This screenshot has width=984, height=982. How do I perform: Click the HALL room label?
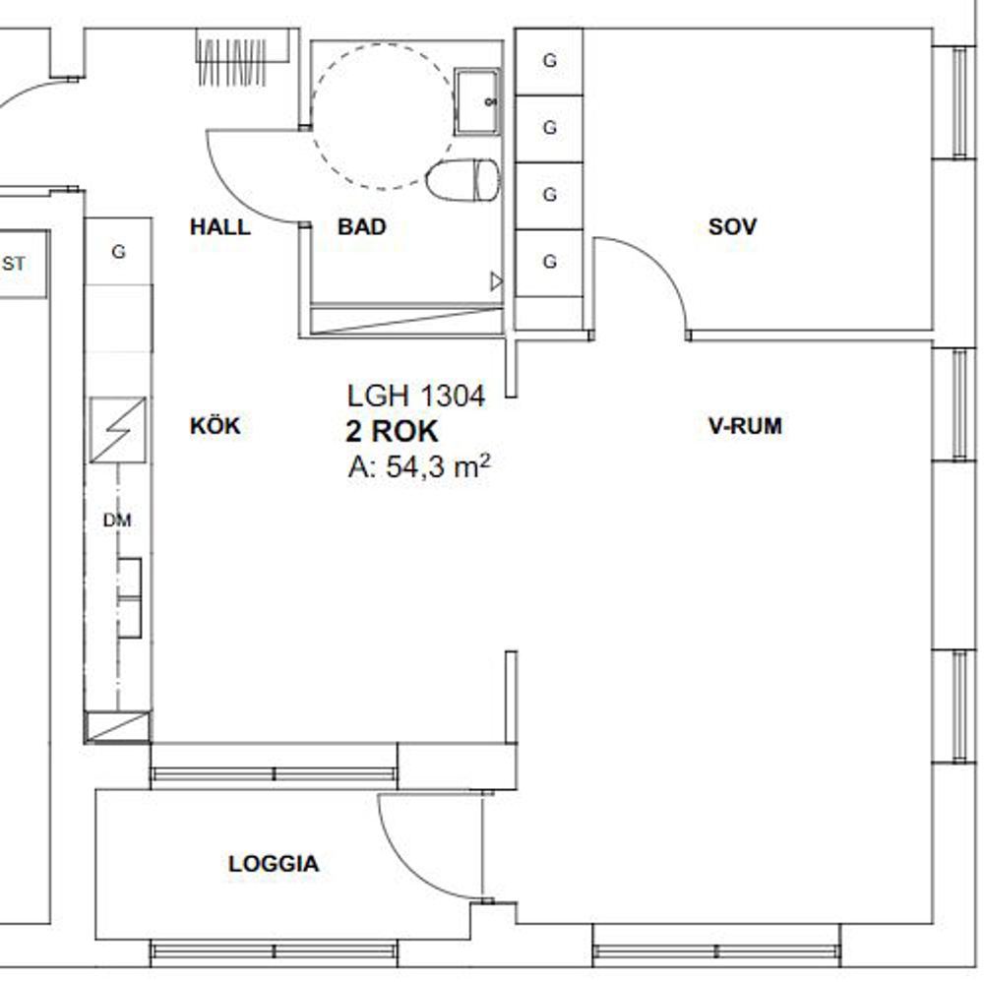pos(220,226)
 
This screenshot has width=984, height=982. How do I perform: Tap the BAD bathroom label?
pos(361,226)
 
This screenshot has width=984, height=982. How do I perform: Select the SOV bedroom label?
pos(732,226)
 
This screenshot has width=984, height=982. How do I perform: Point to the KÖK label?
pos(215,425)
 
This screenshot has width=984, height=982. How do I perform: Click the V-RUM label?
pos(746,426)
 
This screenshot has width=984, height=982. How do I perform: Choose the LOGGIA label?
pos(274,864)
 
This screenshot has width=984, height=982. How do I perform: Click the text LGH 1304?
pos(416,396)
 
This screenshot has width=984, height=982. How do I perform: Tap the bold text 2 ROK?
pos(392,431)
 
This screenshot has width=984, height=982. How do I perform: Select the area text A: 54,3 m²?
pos(418,466)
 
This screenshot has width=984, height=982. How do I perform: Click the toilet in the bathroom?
pos(463,180)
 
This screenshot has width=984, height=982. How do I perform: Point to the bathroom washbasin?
pos(477,101)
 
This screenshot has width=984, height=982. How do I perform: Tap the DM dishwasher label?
pos(117,520)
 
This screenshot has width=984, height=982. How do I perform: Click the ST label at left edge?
pos(14,264)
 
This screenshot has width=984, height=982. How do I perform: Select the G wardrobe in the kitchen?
pos(118,252)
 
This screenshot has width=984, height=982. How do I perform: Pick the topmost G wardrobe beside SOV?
pos(549,61)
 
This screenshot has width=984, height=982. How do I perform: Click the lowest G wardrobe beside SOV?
pos(549,262)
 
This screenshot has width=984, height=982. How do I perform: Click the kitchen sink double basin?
pos(129,597)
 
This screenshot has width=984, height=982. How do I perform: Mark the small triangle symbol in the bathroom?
pos(496,281)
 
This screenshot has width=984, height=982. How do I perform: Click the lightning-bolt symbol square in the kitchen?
pos(118,430)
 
